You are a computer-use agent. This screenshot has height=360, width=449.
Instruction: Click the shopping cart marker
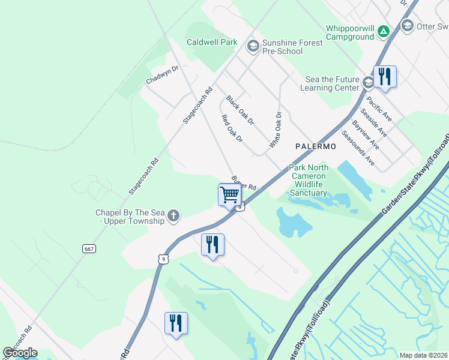click(x=229, y=194)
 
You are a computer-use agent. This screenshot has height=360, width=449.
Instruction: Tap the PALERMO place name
click(x=315, y=146)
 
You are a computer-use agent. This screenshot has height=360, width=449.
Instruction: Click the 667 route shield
click(x=89, y=248)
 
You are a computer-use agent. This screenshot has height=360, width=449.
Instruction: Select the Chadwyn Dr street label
click(x=162, y=75)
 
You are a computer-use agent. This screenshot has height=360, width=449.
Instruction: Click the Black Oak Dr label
click(x=240, y=110)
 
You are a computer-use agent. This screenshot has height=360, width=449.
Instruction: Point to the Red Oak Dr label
click(x=232, y=128)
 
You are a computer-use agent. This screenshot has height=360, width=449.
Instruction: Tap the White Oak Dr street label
click(x=276, y=130)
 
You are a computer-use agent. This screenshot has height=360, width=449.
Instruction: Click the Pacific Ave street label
click(x=379, y=109)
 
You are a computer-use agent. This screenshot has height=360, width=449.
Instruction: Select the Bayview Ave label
click(x=366, y=134)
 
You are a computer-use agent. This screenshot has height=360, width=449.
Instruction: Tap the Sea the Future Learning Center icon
click(x=367, y=81)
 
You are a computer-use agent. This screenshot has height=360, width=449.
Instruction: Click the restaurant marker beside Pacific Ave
click(x=385, y=77)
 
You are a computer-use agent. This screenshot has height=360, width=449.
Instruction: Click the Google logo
click(x=20, y=353)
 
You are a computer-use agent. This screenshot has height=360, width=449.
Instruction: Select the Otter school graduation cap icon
click(x=408, y=25)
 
